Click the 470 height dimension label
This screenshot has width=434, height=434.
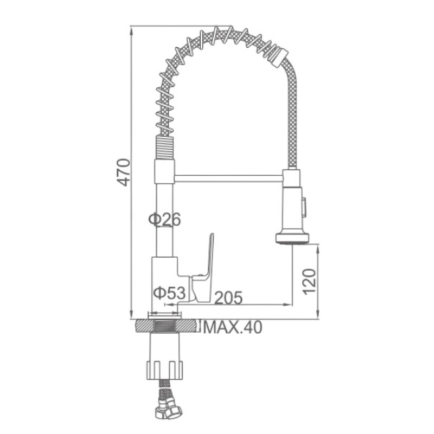[x=123, y=172]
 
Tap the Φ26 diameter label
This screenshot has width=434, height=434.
[x=165, y=219]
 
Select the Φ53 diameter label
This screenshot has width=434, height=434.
[x=170, y=292]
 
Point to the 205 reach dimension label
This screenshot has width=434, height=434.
[x=228, y=297]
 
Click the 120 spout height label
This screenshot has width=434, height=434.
[x=309, y=282]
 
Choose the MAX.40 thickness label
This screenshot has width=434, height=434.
[x=233, y=328]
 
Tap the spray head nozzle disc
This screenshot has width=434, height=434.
[x=292, y=238]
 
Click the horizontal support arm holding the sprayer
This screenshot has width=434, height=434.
[x=228, y=178]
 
